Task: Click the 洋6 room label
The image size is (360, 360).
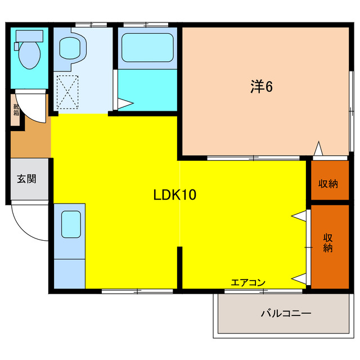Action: [x=262, y=87]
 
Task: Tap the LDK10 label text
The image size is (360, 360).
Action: [x=174, y=195]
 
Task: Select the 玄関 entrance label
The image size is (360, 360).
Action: [x=26, y=179]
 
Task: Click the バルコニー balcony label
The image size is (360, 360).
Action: [x=285, y=313]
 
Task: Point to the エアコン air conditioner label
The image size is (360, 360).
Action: [x=247, y=282]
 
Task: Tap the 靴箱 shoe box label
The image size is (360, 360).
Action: [x=16, y=108]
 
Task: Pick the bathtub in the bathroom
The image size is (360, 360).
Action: [x=148, y=48]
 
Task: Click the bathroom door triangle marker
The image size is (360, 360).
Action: [x=124, y=104]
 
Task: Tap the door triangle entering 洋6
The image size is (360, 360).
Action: [x=318, y=150]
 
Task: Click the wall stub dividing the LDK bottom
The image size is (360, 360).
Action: [x=179, y=268]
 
